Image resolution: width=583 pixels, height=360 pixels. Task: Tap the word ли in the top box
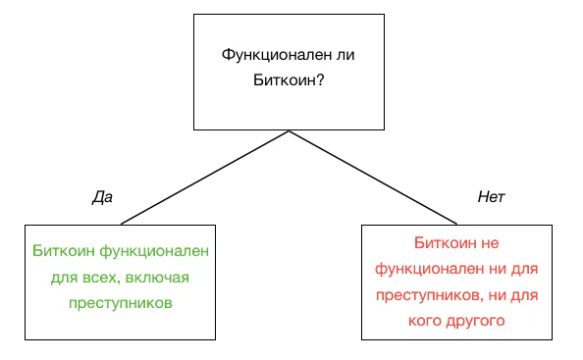[345, 55]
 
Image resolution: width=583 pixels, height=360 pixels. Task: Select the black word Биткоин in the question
[281, 79]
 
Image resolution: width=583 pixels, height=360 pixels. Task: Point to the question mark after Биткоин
[320, 79]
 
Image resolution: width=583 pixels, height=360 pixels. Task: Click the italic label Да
[102, 197]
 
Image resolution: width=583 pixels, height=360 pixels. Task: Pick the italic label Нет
[491, 197]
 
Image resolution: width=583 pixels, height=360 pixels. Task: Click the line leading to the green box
[205, 178]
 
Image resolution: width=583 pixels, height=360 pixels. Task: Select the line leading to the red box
[373, 178]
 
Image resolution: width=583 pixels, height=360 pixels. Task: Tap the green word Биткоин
[63, 251]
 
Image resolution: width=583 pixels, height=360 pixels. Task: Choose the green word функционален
[154, 252]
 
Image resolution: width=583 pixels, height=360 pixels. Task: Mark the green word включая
[157, 278]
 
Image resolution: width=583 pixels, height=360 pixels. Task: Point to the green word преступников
[121, 303]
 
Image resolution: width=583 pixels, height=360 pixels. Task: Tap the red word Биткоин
[446, 243]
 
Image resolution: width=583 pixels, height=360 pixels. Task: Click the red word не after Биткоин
[490, 244]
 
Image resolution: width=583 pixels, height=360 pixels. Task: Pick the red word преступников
[428, 295]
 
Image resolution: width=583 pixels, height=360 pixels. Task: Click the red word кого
[424, 321]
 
